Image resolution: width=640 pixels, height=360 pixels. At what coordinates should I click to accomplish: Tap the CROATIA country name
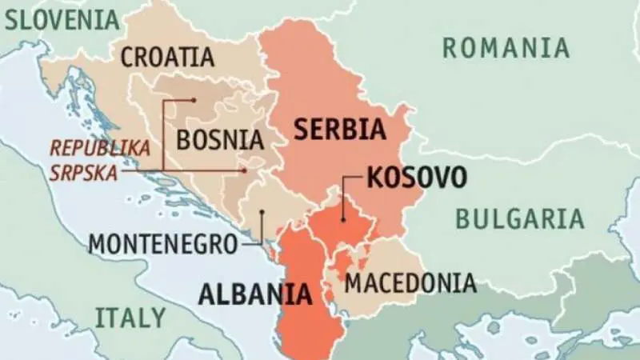point(167,57)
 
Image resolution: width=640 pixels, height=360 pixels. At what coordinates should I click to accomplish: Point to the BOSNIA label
point(219,140)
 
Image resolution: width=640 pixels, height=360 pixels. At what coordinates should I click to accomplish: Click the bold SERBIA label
point(340,129)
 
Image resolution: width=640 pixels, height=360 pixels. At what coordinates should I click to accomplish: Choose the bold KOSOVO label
point(415,178)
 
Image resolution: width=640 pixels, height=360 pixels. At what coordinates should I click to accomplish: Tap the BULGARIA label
point(520,218)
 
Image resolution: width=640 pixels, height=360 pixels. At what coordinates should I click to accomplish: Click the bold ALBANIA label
point(254,294)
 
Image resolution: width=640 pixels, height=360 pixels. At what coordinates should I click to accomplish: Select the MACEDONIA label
point(410,282)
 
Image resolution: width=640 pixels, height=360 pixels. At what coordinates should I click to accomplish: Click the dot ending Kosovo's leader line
point(342,218)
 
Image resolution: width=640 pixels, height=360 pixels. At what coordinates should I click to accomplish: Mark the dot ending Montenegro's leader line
point(262,213)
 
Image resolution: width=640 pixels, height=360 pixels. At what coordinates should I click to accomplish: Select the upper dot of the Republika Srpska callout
point(194,100)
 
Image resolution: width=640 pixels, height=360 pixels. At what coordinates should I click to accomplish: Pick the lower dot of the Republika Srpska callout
point(243,170)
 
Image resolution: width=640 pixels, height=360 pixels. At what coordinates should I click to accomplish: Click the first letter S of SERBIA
point(302,129)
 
